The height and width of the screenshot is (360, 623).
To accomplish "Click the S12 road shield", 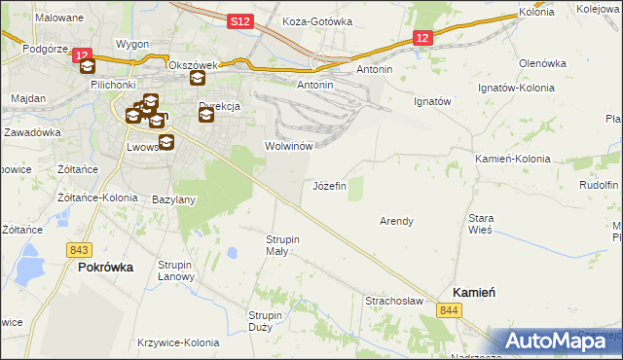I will [x=241, y=19].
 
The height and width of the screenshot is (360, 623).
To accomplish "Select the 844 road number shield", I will [x=448, y=309].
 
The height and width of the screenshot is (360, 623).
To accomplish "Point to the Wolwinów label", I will [x=288, y=146].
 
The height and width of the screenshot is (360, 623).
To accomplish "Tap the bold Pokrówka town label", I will [x=105, y=267].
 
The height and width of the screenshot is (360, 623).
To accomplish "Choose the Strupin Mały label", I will [x=283, y=244].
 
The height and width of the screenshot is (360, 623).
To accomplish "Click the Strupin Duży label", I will [x=265, y=321].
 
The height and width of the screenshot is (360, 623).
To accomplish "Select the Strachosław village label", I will [x=393, y=301].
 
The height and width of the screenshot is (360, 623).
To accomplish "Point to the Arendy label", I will [x=396, y=221].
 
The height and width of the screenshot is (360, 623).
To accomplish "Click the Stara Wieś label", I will [x=482, y=224].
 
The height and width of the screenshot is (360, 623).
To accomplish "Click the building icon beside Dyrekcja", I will [x=206, y=116].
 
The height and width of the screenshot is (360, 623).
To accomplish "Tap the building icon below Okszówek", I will [x=197, y=79].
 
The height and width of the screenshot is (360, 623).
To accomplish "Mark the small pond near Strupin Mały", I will [x=232, y=254].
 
